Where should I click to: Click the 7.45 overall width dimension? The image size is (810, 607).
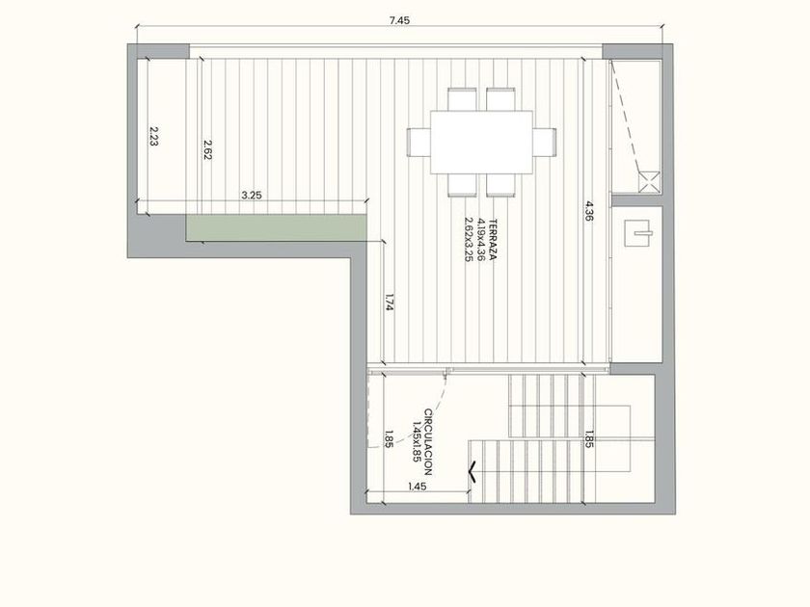tap(399, 20)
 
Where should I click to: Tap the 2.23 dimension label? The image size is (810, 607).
tap(153, 136)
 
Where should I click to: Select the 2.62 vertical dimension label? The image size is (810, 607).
tap(207, 149)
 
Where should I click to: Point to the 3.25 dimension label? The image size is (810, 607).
tap(252, 195)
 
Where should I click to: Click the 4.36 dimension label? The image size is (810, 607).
tap(590, 211)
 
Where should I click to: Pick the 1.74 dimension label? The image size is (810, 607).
tap(390, 302)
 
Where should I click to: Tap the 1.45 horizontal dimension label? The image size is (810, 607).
tap(417, 487)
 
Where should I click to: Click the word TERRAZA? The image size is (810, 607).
tap(493, 240)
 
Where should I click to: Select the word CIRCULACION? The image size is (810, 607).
tap(428, 442)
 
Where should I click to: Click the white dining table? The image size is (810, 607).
tap(481, 142)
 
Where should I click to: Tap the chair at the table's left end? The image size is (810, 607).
tap(418, 142)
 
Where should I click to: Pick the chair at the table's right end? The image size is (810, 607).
tap(545, 142)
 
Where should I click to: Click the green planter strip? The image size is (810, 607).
tap(277, 227)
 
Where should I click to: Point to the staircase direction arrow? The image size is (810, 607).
tap(472, 471)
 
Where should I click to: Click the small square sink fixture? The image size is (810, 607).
tap(637, 233)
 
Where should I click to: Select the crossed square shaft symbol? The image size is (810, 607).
tap(649, 182)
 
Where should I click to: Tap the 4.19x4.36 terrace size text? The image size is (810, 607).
tap(481, 240)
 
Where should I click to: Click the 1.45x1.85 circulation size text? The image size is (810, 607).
tap(418, 442)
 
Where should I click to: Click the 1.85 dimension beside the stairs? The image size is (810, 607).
tap(588, 438)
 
